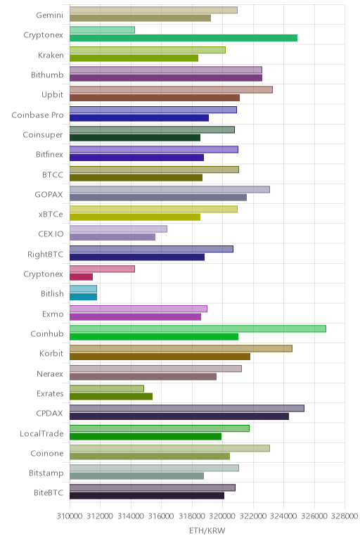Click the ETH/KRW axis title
point(207,530)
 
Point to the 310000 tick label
point(69,516)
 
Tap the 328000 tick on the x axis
point(345,516)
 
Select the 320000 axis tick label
point(222,516)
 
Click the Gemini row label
point(49,15)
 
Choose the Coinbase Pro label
point(37,115)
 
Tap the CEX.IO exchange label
point(51,234)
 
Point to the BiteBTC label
point(49,492)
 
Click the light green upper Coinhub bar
point(198,328)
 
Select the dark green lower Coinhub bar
point(154,337)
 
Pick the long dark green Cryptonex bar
point(183,38)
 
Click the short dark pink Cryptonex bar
point(81,276)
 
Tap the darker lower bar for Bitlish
point(83,297)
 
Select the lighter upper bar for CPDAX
point(186,408)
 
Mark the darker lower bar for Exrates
point(111,396)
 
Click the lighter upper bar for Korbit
point(181,348)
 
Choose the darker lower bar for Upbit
point(155,98)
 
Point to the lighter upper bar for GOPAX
point(169,189)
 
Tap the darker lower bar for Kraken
point(134,58)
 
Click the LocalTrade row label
point(41,433)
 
